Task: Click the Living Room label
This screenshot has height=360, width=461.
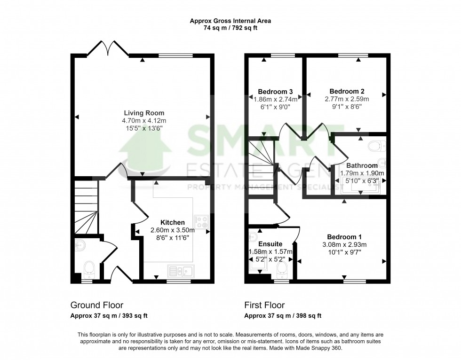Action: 144,113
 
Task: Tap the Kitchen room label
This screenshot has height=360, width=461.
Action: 173,222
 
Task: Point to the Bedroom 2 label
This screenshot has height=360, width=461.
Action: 347,91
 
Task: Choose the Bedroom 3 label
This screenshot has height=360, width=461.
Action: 275,91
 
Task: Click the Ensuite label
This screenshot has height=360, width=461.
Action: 270,244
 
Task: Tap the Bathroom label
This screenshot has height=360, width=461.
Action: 362,165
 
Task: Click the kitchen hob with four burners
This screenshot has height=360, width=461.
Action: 202,222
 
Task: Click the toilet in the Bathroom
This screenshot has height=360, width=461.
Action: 376,146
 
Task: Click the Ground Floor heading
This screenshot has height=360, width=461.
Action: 96,305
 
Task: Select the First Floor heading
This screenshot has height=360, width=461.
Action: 264,305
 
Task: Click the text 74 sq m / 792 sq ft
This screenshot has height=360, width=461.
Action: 230,28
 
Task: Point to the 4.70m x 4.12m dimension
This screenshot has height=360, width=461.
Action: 144,120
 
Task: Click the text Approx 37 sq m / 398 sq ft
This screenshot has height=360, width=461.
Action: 283,316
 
